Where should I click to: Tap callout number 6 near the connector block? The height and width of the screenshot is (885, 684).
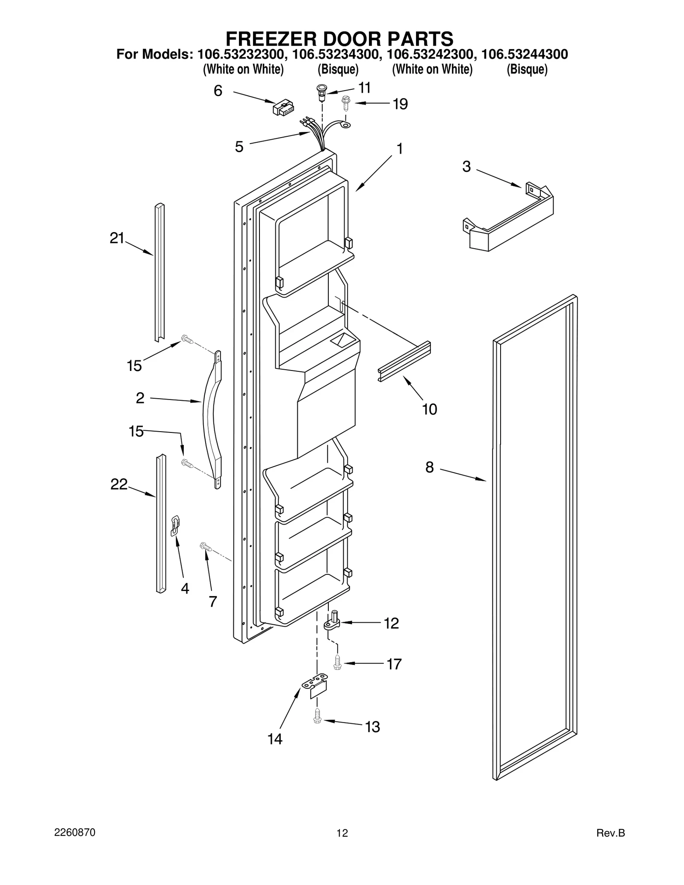[x=218, y=91]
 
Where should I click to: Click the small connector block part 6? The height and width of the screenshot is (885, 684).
[x=283, y=107]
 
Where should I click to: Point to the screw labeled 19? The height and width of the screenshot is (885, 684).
[x=346, y=103]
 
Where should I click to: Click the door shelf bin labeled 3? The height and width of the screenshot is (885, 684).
[x=509, y=218]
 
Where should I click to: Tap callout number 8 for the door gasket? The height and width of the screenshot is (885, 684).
[x=430, y=467]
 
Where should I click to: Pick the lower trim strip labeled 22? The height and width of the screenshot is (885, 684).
[x=161, y=524]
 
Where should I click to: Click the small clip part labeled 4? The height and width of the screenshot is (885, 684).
[x=175, y=525]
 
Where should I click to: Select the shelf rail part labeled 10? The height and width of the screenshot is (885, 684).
[x=404, y=361]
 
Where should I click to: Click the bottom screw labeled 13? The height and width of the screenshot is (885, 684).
[x=317, y=715]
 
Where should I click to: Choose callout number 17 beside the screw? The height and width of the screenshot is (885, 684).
[x=394, y=664]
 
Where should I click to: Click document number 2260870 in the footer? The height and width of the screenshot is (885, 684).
[x=74, y=833]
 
